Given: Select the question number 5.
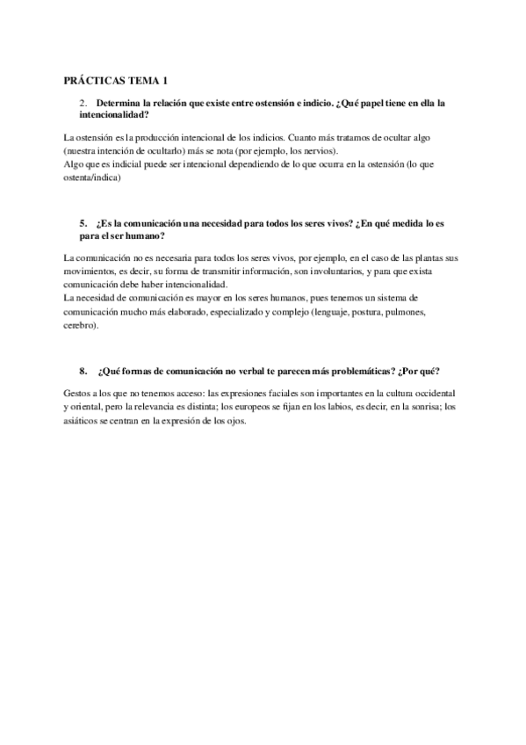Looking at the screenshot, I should point(82,224).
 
